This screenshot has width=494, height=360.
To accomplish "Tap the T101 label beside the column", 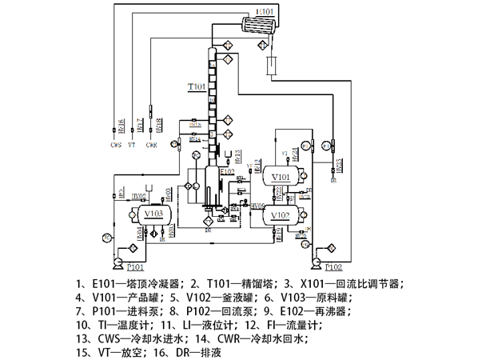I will [196, 86].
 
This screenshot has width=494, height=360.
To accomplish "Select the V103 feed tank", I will [153, 214].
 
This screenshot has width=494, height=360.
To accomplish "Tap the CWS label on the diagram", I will [117, 146].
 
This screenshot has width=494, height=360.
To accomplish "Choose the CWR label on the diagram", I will [151, 146].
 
